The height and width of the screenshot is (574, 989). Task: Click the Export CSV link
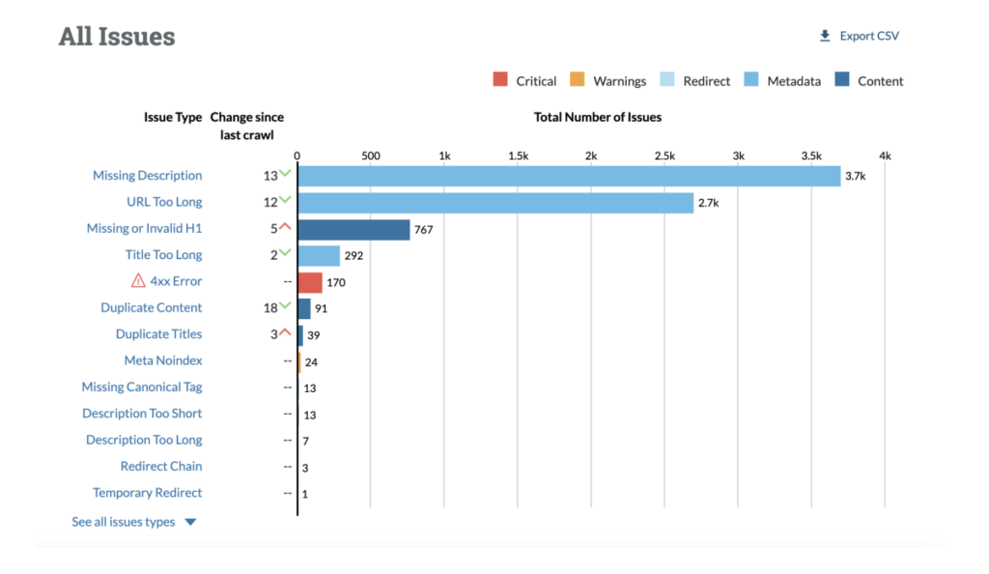[x=860, y=36]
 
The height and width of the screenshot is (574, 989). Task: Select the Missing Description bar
[x=569, y=176]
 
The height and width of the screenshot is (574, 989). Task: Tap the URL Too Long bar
[x=495, y=203]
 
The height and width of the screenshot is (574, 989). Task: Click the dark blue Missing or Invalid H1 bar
[x=354, y=229]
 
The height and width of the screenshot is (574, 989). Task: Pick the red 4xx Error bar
[x=310, y=282]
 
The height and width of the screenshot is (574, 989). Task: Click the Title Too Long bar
[x=319, y=255]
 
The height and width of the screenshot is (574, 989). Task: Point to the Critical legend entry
[x=525, y=80]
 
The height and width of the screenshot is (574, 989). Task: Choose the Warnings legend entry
[x=608, y=80]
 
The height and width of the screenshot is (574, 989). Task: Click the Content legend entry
[x=870, y=80]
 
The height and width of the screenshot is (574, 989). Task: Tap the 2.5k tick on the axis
[x=664, y=156]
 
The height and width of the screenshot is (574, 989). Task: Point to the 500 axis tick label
[x=370, y=156]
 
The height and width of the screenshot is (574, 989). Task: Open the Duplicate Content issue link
[x=152, y=308]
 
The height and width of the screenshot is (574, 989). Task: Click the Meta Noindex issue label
[x=163, y=360]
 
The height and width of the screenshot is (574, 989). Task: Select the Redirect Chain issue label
[x=161, y=466]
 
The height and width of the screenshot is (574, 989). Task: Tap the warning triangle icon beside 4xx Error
[x=138, y=281]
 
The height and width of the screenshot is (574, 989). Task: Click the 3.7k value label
[x=855, y=177]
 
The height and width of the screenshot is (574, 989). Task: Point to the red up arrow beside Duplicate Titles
[x=285, y=331]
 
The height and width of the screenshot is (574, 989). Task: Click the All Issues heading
[x=117, y=37]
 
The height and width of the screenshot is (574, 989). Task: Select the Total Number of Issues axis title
[x=598, y=117]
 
